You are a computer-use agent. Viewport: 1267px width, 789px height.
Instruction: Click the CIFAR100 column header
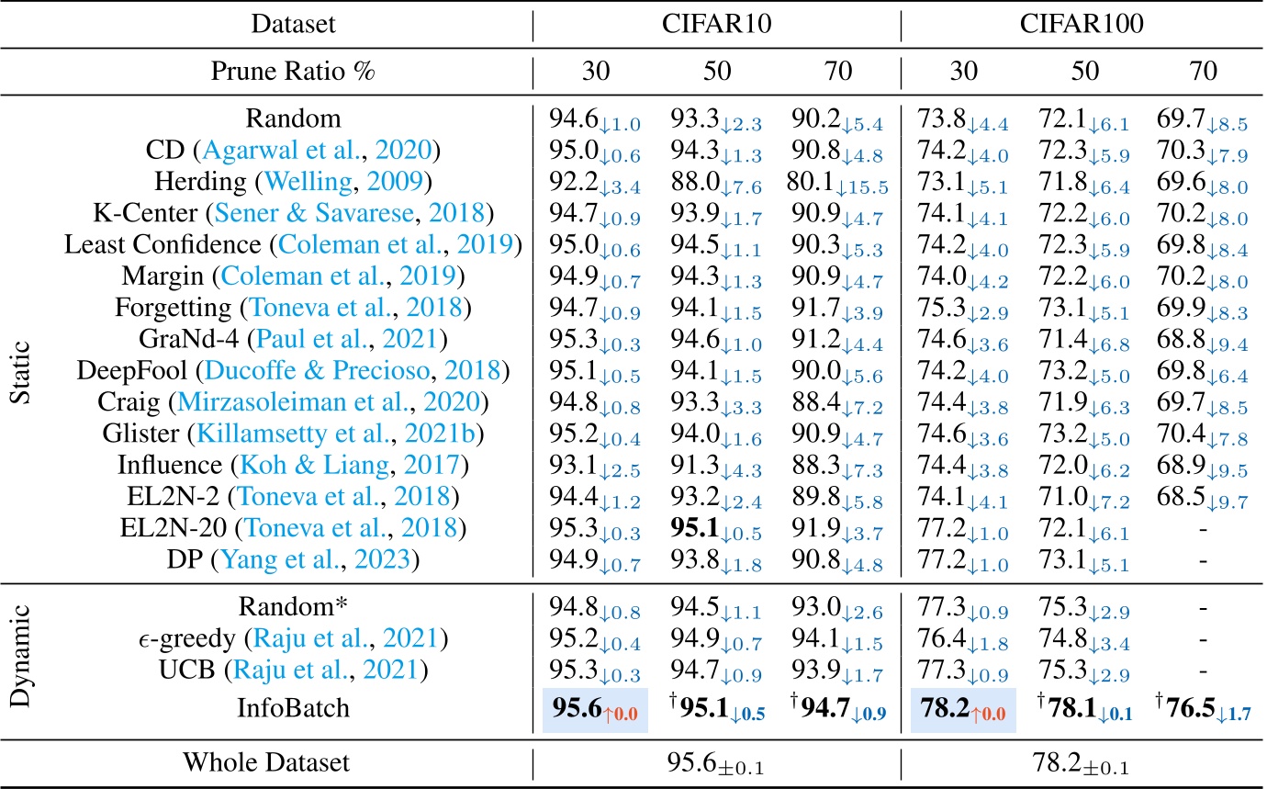point(1082,25)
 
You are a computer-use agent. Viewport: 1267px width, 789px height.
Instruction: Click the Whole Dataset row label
point(267,762)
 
